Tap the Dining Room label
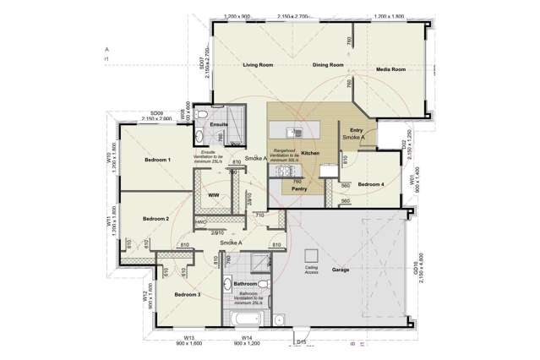tap(326, 65)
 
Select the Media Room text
tap(391, 69)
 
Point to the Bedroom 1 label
tap(157, 160)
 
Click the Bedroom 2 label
tap(155, 219)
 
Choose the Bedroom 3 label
tap(187, 294)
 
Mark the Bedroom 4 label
tap(371, 184)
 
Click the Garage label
tap(341, 270)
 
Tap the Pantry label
tap(299, 190)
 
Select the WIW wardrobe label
tap(214, 195)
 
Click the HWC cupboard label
tap(201, 222)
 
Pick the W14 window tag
tap(245, 338)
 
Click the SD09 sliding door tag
tap(156, 112)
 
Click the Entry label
tap(354, 128)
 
